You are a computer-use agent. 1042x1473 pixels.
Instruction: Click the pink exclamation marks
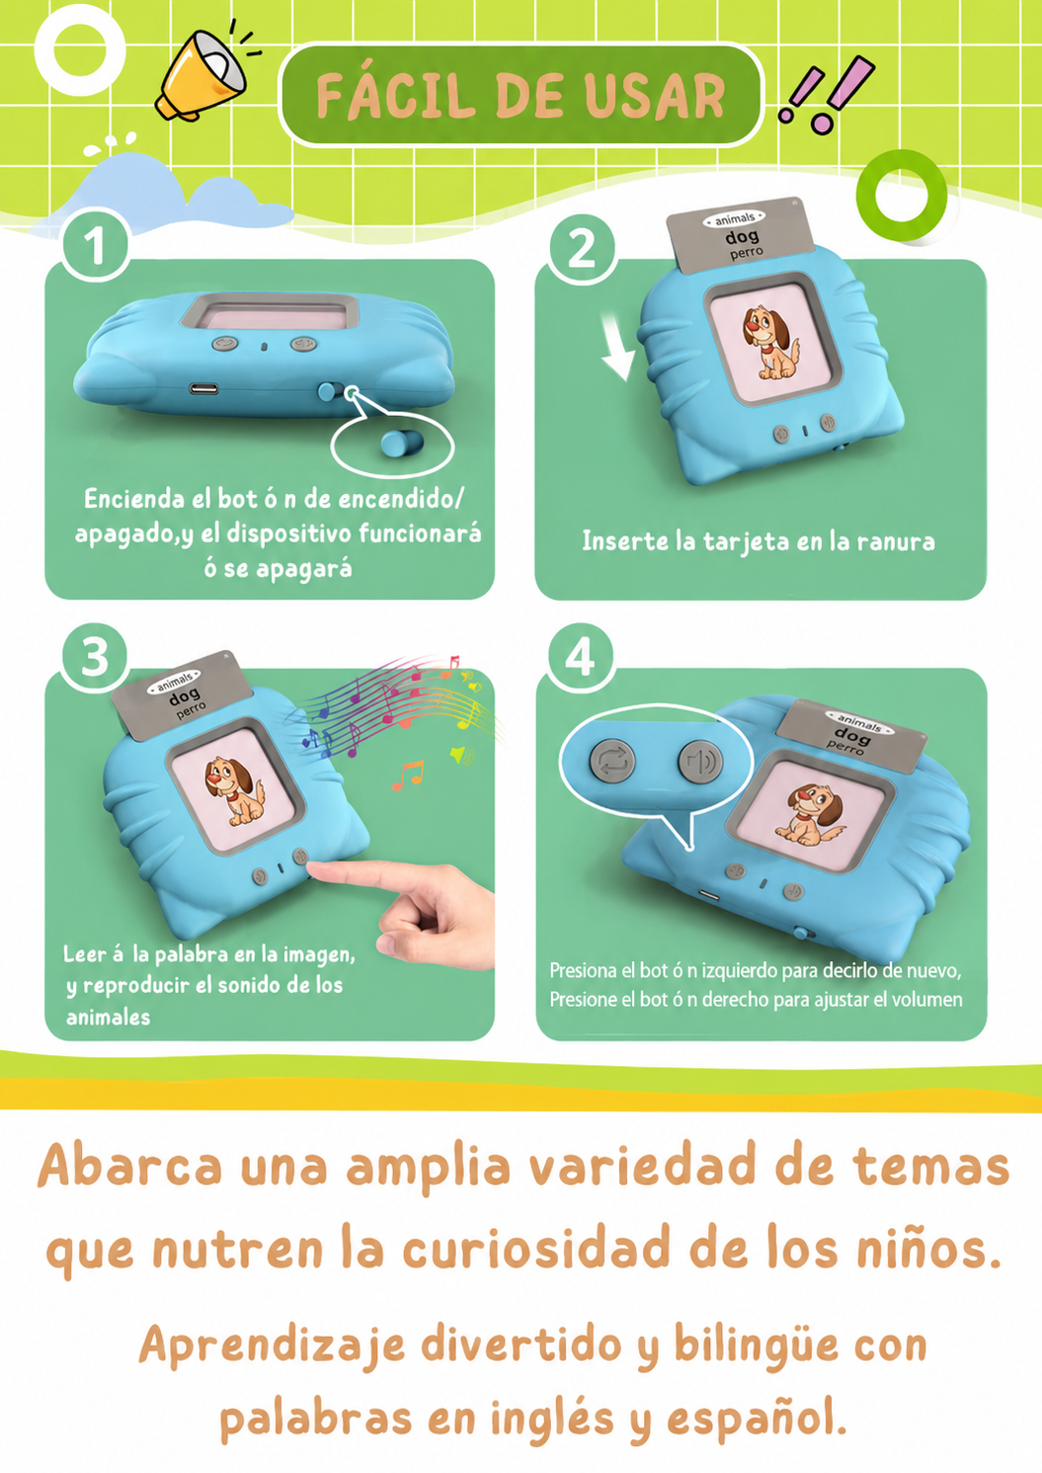tap(827, 95)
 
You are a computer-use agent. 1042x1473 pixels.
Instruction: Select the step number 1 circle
tap(96, 246)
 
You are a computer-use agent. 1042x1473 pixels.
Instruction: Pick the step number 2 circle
tap(582, 249)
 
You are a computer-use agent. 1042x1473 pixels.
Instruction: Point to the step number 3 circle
tap(95, 657)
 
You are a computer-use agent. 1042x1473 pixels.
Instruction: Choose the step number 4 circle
tap(581, 658)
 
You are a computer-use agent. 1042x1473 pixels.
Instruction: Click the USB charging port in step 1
tap(203, 388)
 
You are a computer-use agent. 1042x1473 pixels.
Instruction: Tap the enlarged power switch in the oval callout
tap(402, 443)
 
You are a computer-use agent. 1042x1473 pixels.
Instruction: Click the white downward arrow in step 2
tap(618, 347)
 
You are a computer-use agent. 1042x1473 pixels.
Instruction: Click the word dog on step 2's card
tap(742, 236)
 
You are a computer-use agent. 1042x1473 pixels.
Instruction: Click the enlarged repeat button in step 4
tap(612, 761)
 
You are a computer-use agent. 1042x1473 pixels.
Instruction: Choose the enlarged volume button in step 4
tap(700, 762)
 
